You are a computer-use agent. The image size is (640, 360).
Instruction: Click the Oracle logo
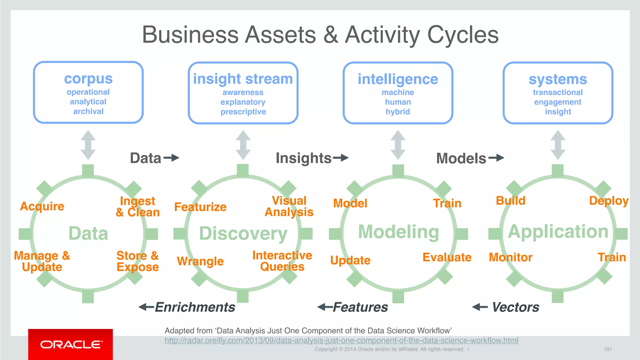click(x=71, y=344)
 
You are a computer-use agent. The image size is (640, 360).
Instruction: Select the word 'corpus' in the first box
click(x=88, y=78)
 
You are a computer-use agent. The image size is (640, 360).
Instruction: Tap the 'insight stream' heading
click(x=243, y=79)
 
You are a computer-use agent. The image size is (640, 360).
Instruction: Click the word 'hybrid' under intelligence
click(x=397, y=112)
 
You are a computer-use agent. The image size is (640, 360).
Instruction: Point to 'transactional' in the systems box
click(x=557, y=92)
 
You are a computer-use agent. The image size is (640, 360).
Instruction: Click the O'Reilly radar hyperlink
click(x=341, y=340)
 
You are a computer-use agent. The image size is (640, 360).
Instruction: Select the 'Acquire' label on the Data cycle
click(x=42, y=206)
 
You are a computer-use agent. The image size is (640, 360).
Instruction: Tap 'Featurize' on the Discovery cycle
click(x=200, y=207)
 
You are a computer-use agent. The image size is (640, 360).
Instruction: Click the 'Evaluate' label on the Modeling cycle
click(x=447, y=257)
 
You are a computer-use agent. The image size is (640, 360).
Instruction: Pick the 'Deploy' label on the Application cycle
click(x=609, y=201)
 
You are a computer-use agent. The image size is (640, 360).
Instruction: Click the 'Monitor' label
click(x=511, y=257)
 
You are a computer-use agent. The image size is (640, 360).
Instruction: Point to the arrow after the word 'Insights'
click(x=341, y=157)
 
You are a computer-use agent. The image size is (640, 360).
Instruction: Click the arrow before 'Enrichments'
click(x=146, y=307)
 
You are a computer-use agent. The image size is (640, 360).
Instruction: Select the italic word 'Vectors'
click(x=516, y=307)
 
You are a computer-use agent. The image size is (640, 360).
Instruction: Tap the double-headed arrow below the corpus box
click(x=88, y=145)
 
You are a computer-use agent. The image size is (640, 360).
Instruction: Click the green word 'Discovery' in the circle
click(x=243, y=233)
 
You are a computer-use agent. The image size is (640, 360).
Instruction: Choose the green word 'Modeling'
click(x=398, y=232)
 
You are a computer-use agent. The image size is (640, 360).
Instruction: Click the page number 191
click(x=607, y=349)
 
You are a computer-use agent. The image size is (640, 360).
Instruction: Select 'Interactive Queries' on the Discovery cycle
click(x=282, y=261)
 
